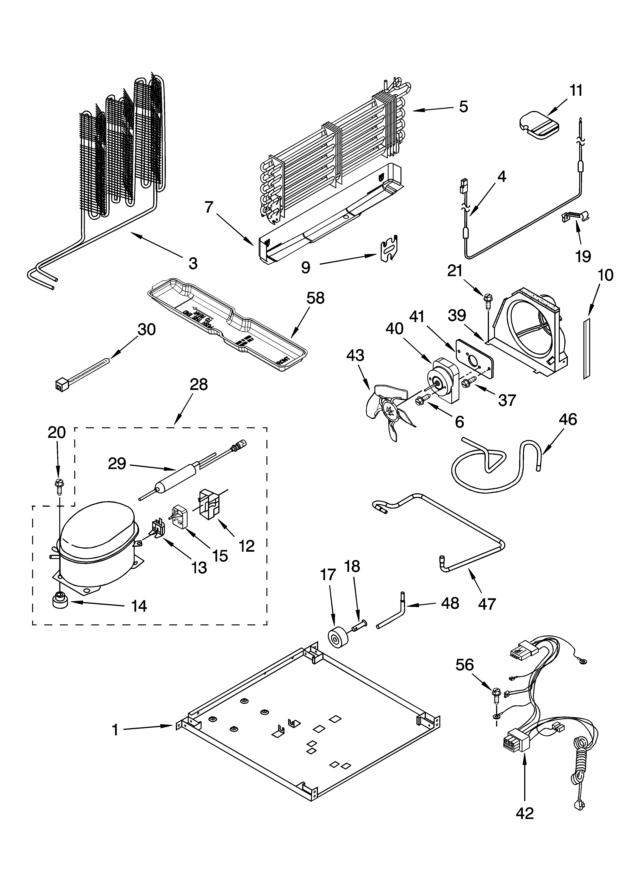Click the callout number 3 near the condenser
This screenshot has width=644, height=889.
point(193,263)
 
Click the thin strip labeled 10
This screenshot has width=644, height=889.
point(586,349)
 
